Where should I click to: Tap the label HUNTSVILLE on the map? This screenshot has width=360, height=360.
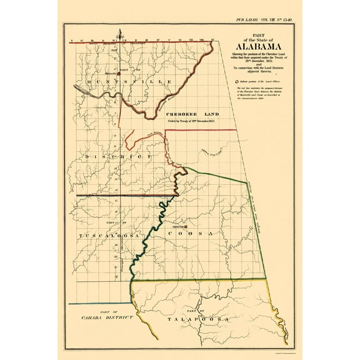pyautogui.click(x=116, y=82)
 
